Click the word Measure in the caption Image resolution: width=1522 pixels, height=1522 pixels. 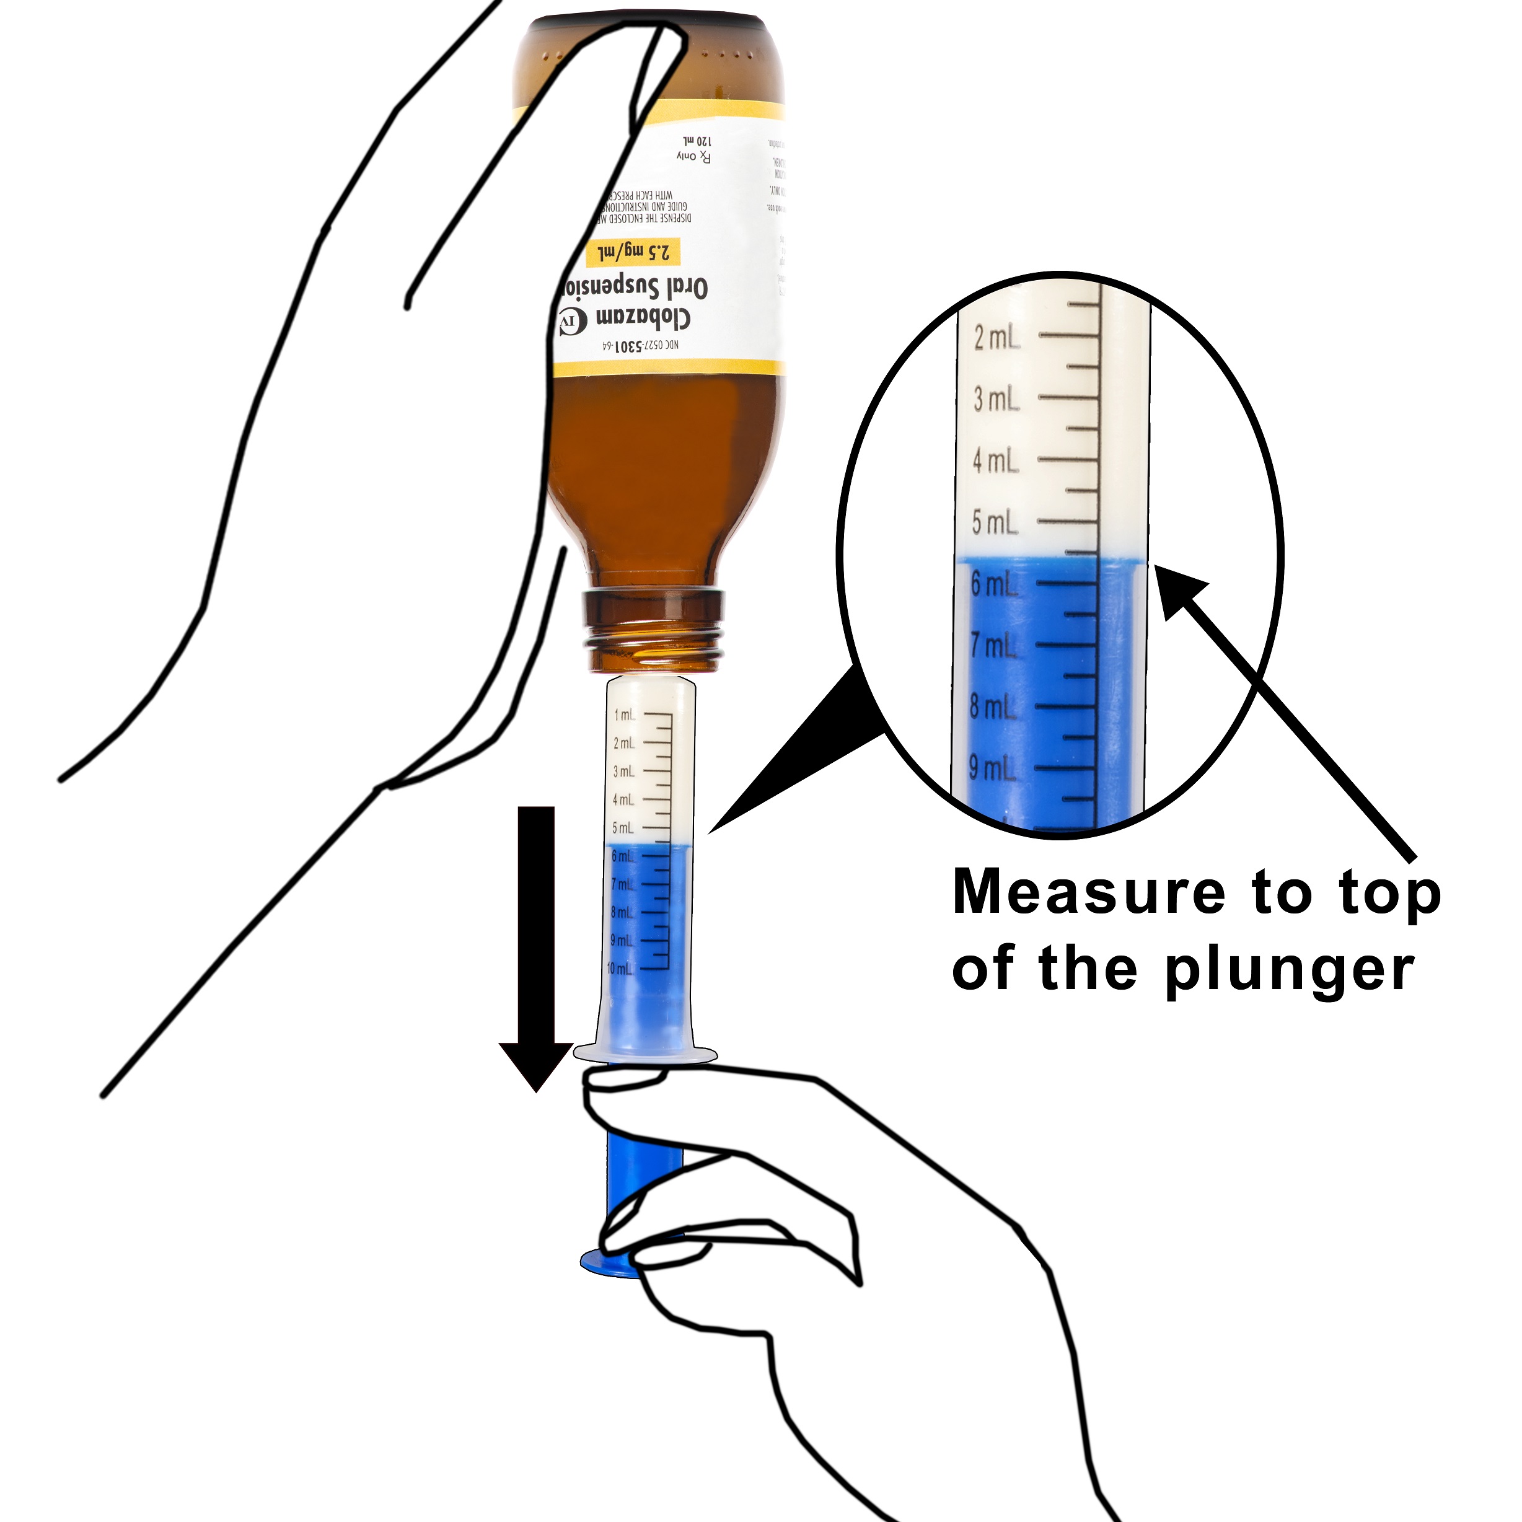click(x=1088, y=894)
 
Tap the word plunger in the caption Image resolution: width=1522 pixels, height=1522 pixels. click(x=1290, y=970)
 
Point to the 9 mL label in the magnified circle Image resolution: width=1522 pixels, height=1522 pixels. click(x=993, y=768)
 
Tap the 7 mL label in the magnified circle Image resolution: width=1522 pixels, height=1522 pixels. click(x=993, y=646)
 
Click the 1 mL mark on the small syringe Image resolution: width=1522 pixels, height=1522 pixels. click(x=624, y=715)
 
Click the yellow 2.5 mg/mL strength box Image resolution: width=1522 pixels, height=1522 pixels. click(x=630, y=253)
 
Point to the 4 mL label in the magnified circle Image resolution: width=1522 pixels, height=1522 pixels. click(x=995, y=462)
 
